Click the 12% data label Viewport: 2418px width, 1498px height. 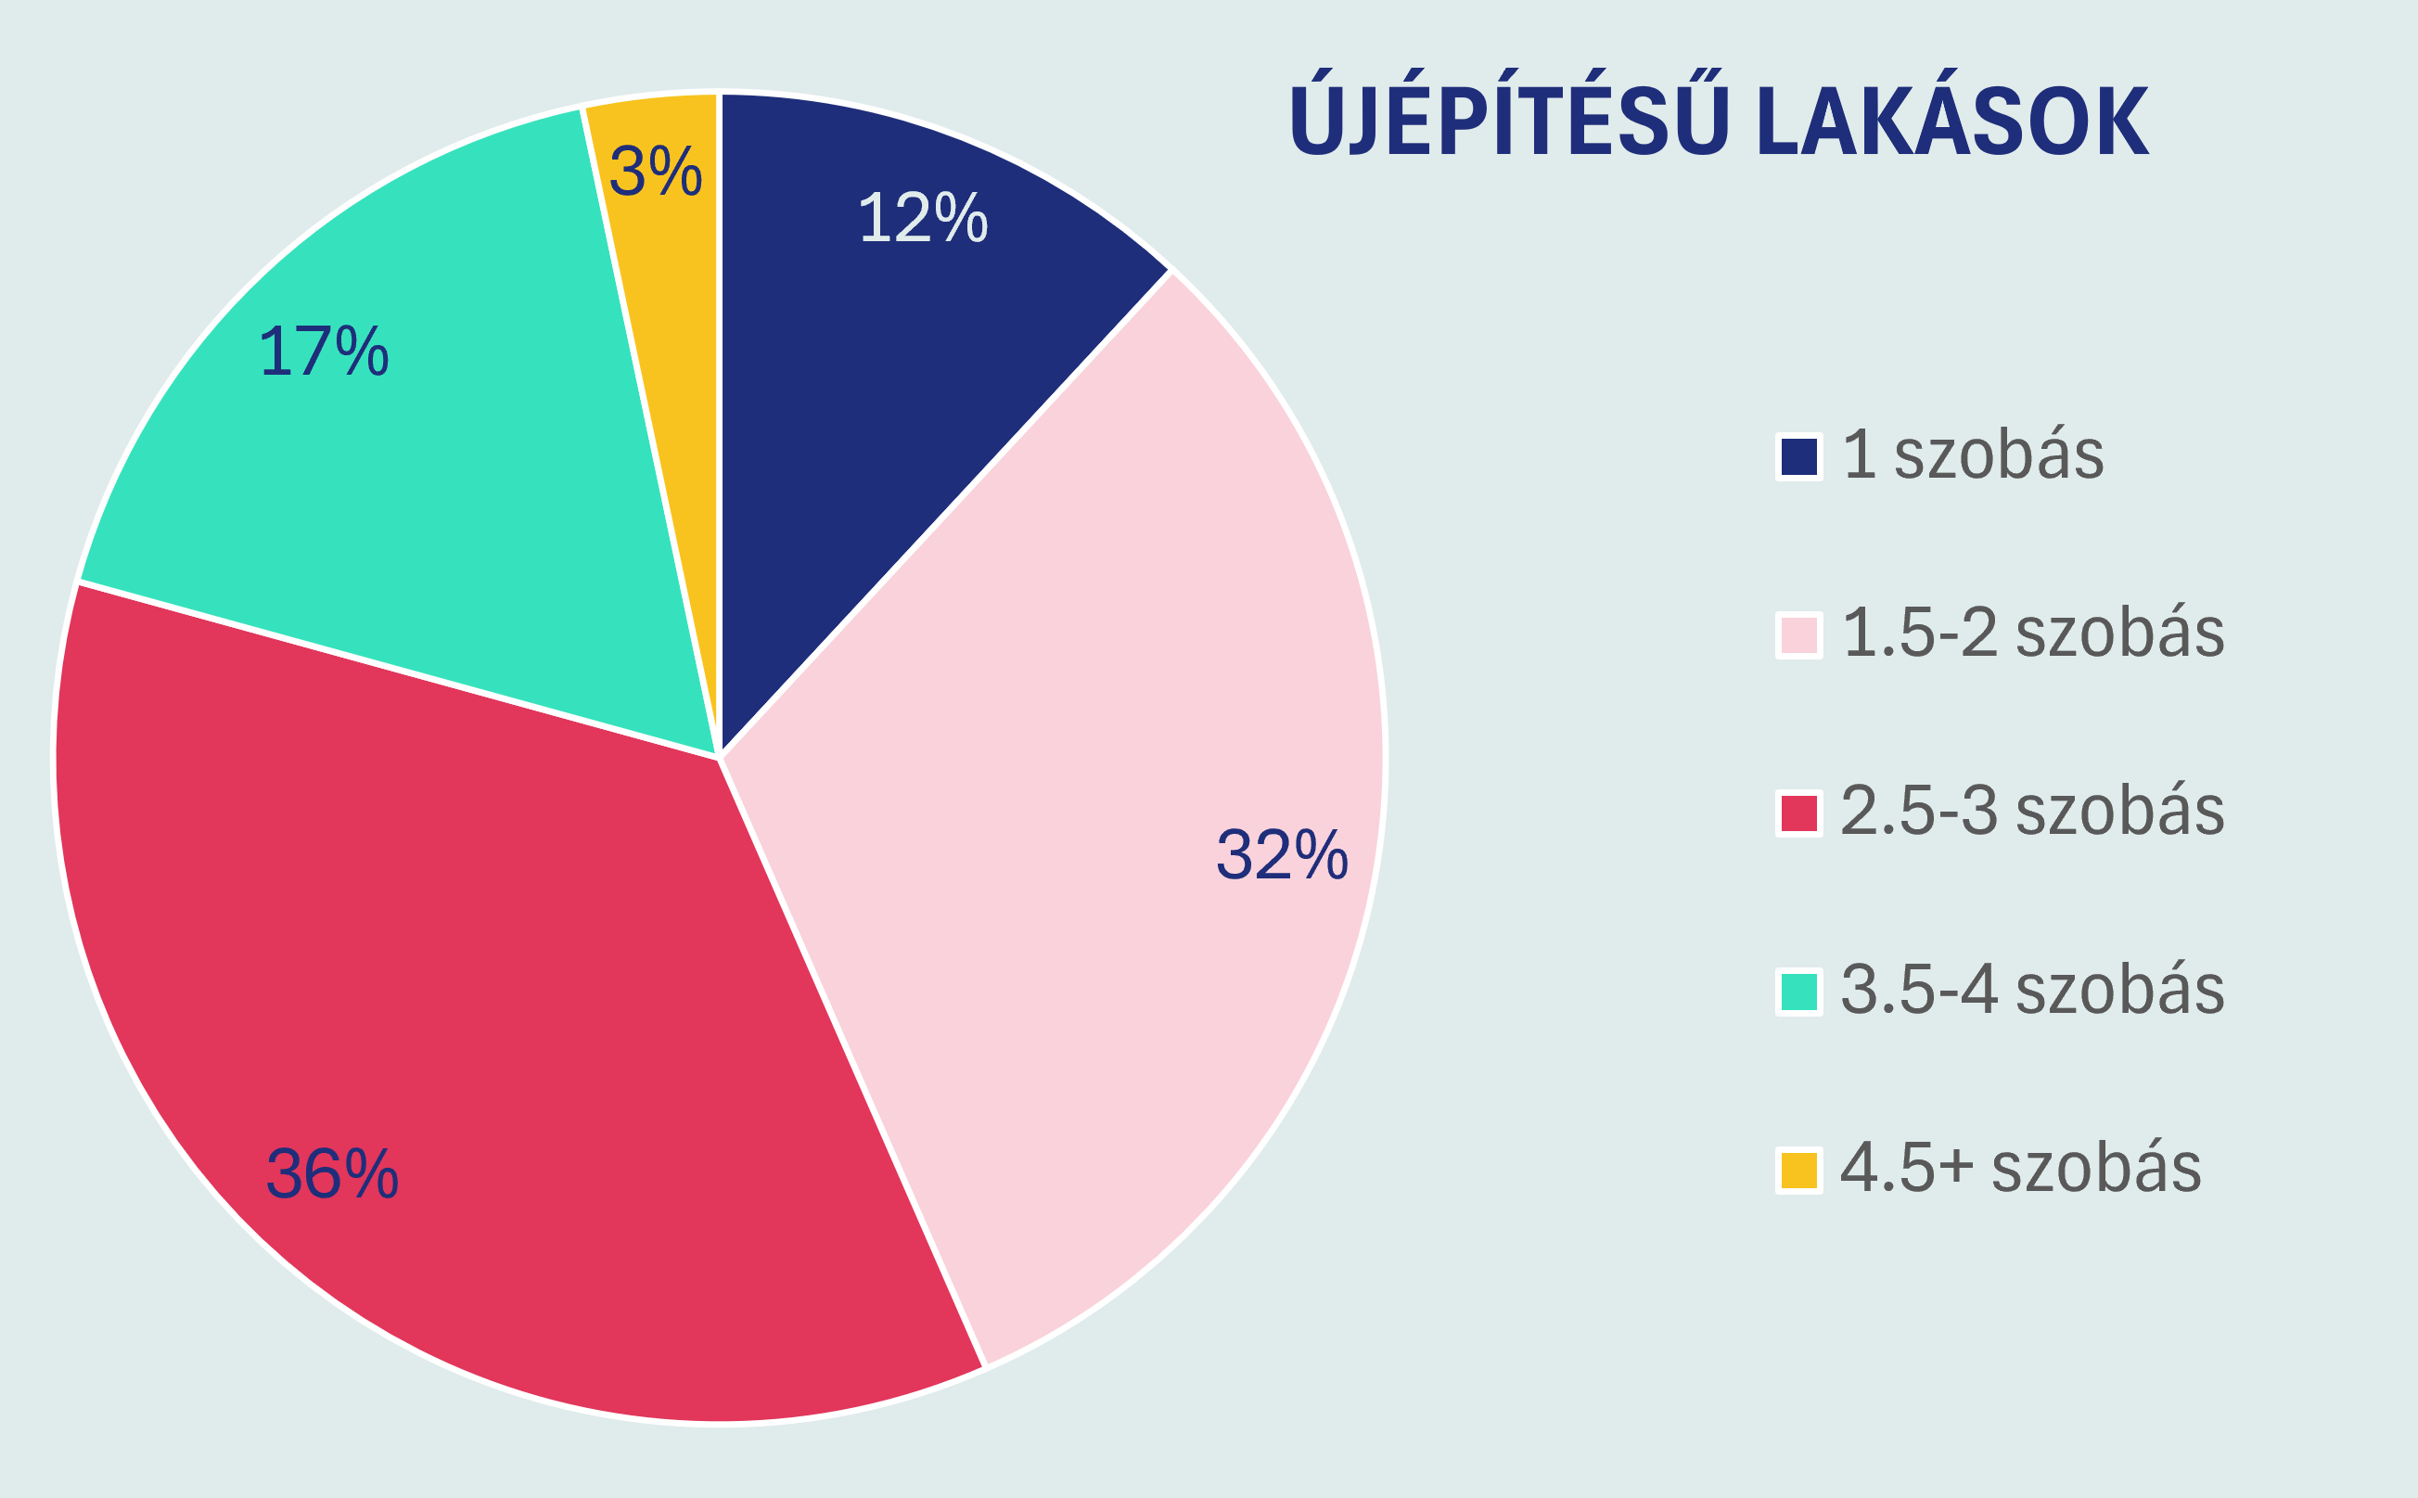922,218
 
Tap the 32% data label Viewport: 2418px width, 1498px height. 1282,855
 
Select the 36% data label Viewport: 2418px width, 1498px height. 332,1174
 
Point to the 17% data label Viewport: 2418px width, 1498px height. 323,352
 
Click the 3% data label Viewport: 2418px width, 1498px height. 656,172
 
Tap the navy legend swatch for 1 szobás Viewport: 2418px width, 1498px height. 1798,456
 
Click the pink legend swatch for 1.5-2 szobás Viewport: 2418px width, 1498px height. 1798,635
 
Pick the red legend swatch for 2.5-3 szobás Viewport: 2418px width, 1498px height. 1798,813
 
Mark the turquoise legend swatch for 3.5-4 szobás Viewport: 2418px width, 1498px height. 1798,992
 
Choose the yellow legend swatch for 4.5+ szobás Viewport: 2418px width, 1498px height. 1798,1170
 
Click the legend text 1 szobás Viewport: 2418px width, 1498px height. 1973,455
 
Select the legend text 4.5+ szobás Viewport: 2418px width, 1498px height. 2021,1168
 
